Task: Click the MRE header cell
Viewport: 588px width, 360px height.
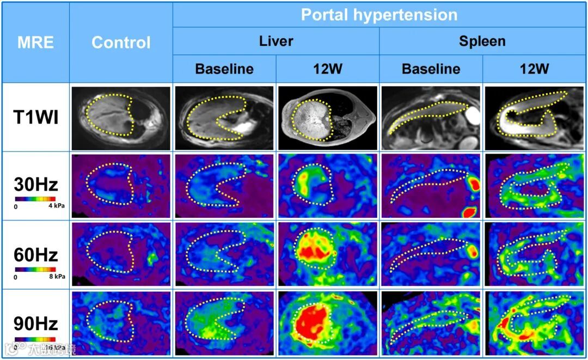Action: coord(36,42)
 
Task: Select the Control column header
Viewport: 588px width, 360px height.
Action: coord(121,42)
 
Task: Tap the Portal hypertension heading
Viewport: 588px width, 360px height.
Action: coord(379,15)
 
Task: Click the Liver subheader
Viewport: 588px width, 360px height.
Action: coord(276,41)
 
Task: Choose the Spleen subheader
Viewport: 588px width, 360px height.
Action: coord(482,41)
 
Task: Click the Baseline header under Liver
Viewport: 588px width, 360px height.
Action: coord(224,69)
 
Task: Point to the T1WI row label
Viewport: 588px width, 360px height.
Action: coord(36,117)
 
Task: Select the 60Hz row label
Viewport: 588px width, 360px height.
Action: coord(36,254)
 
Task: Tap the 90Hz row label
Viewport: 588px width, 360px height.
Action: coord(36,324)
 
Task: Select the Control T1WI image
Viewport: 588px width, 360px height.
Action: coord(121,118)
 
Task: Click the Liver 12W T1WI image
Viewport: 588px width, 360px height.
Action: coord(327,118)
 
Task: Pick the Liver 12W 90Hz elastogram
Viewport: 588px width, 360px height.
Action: coord(327,324)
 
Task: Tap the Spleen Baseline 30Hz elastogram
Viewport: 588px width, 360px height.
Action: coord(430,186)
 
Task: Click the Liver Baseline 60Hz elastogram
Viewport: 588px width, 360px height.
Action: coord(224,254)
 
